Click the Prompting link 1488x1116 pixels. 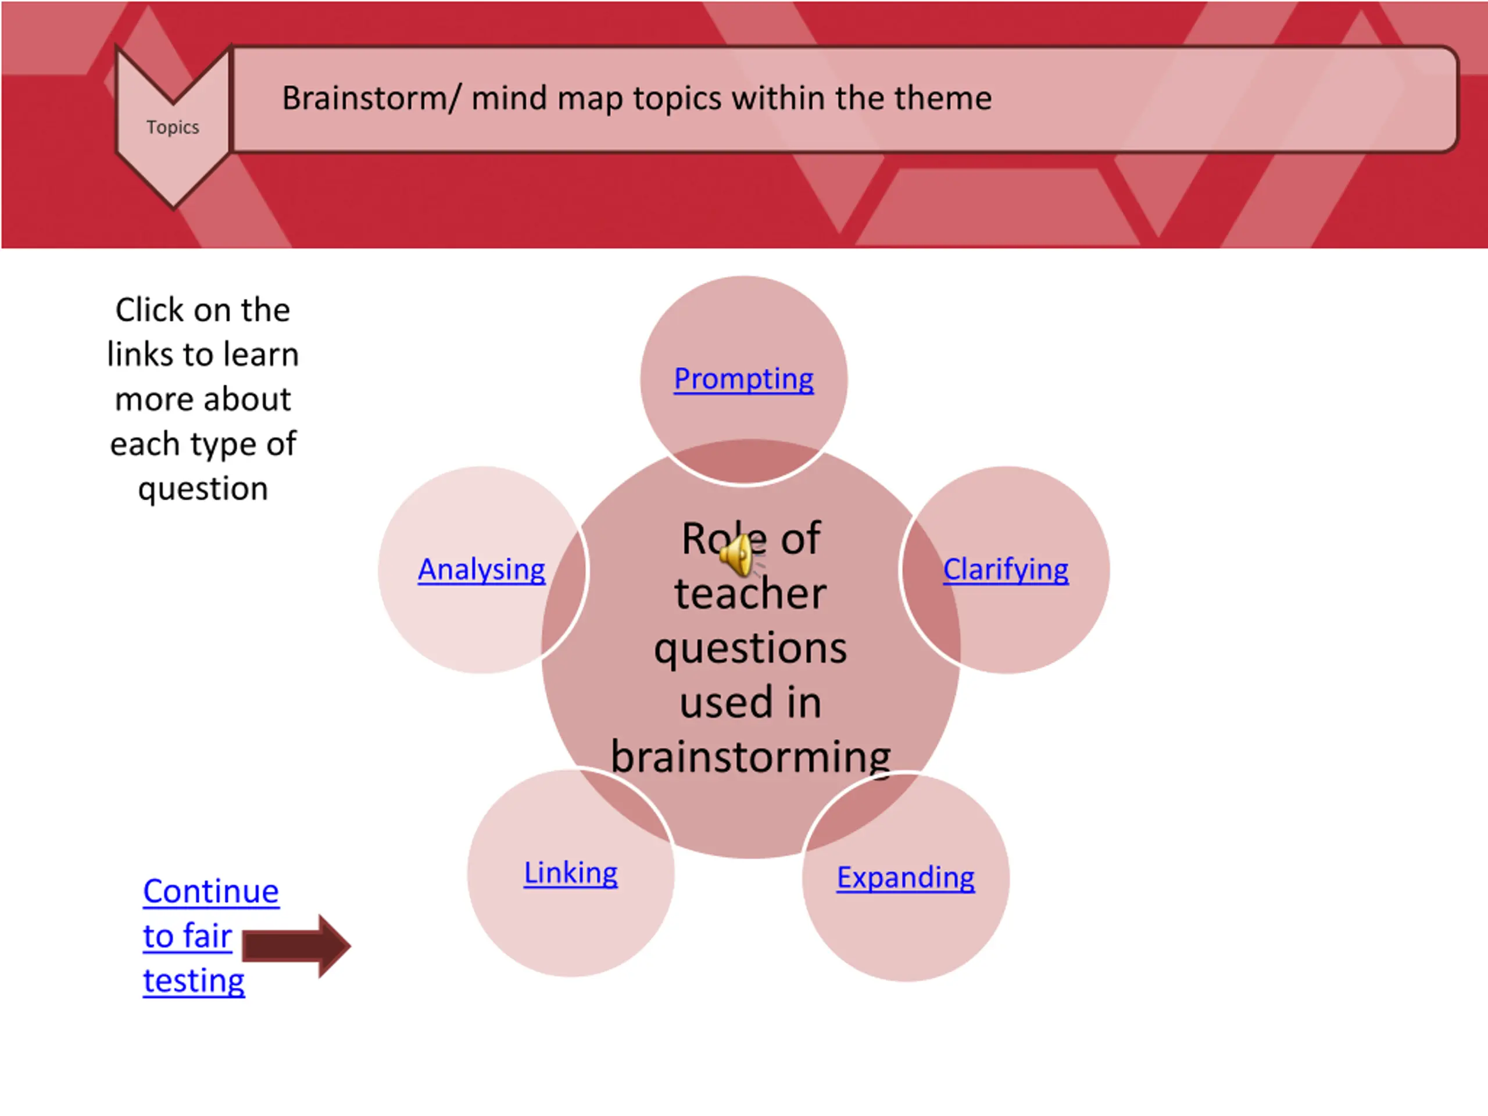point(743,379)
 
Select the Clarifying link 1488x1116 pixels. point(1005,569)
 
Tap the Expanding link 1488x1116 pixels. point(906,877)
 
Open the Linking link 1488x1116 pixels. point(570,872)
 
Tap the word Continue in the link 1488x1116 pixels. point(210,891)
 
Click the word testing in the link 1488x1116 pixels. point(194,981)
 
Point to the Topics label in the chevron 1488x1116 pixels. point(173,127)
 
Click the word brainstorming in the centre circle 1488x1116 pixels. point(750,757)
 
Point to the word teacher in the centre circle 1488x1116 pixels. point(750,594)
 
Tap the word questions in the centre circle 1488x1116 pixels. point(750,648)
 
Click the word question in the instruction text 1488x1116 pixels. point(203,488)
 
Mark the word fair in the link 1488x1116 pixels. point(206,936)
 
